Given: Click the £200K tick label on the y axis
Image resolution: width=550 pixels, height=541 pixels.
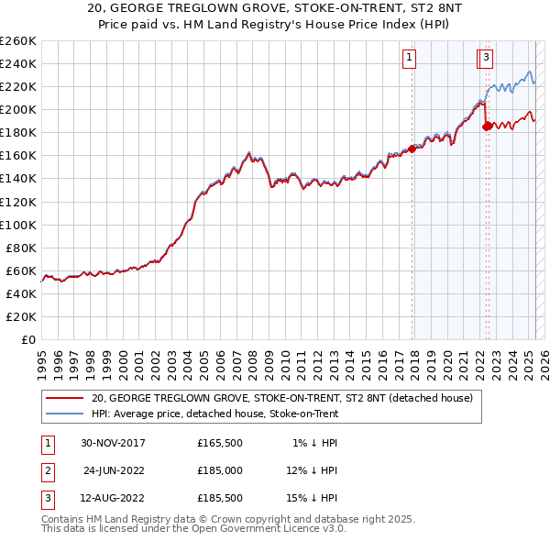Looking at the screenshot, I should [17, 109].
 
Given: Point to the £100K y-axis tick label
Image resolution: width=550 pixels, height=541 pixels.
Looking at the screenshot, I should [17, 225].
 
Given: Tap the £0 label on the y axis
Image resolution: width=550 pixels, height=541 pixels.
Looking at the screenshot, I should [29, 339].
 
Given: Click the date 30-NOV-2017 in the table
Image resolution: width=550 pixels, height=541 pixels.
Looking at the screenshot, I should [114, 443].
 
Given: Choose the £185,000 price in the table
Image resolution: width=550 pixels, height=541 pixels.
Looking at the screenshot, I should [220, 471].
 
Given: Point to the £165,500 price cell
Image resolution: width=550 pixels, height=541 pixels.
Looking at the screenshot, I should [220, 443].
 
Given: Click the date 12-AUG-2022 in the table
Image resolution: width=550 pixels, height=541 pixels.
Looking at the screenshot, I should [114, 500].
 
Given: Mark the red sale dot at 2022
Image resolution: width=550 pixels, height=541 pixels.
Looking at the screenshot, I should [487, 126].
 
